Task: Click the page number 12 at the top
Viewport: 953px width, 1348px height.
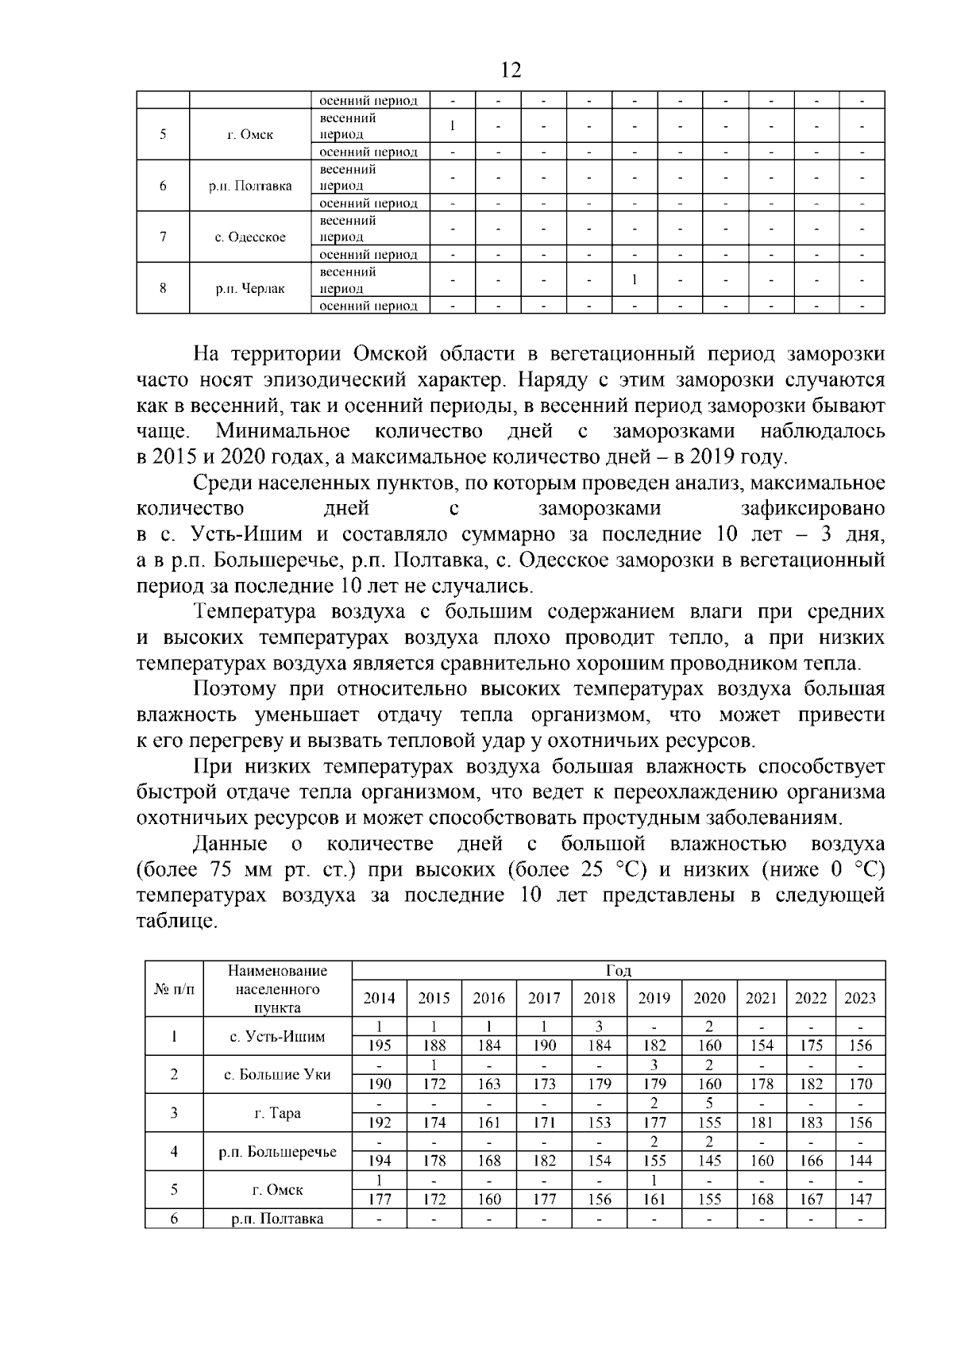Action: point(511,71)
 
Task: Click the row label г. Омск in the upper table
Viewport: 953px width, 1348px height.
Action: point(249,134)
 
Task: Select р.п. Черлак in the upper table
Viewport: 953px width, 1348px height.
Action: point(249,288)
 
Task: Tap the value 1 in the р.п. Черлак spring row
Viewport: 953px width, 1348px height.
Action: point(634,279)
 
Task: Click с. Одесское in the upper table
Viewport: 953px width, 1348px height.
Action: point(249,237)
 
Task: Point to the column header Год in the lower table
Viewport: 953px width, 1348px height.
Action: point(618,970)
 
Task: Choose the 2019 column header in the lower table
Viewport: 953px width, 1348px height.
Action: point(654,999)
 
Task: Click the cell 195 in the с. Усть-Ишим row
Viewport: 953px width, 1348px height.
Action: point(379,1046)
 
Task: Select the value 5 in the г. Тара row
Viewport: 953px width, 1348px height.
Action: point(708,1103)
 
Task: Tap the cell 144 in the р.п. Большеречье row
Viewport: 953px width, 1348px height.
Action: point(860,1161)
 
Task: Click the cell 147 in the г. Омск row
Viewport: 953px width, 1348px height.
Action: point(860,1199)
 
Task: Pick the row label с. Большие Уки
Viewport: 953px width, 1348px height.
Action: point(277,1074)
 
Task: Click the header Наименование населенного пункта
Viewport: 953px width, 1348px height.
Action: point(277,989)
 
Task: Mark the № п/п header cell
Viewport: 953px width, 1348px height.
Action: point(174,989)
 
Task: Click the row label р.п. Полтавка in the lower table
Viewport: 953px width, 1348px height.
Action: point(277,1219)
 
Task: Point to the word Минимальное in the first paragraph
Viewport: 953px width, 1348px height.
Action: point(282,431)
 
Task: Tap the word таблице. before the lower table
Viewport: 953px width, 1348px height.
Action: point(176,922)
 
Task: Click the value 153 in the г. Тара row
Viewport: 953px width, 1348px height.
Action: point(599,1123)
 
